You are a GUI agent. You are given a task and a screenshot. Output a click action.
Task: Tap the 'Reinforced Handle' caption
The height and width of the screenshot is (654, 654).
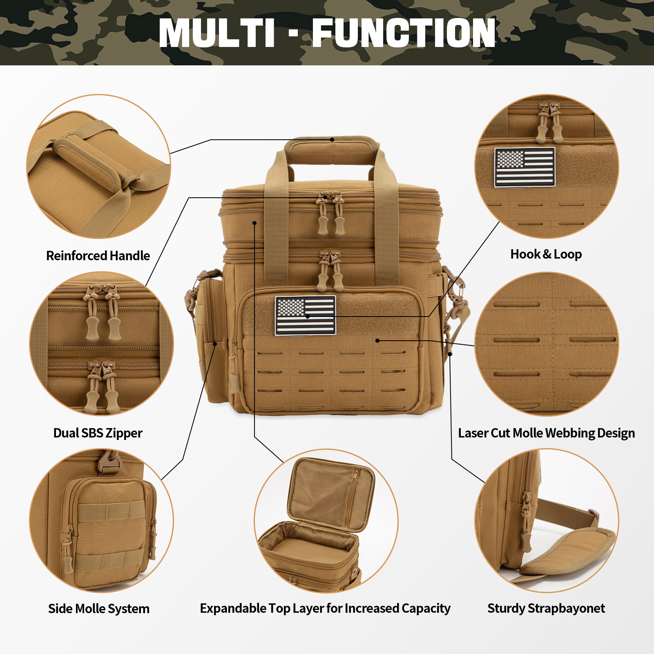click(x=98, y=256)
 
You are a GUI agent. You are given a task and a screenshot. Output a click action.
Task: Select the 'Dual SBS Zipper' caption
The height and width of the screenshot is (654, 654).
click(x=98, y=433)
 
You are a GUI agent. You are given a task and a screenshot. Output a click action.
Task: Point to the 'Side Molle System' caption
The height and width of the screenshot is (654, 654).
click(x=99, y=609)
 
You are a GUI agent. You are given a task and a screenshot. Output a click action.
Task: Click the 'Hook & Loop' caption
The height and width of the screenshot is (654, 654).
click(x=546, y=254)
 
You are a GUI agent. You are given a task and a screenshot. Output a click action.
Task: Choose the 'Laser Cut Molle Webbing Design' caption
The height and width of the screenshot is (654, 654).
click(x=546, y=433)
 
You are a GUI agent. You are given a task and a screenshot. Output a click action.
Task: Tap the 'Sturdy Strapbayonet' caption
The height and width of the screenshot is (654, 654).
click(x=546, y=608)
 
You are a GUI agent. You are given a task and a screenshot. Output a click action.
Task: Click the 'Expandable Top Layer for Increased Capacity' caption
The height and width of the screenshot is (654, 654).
click(x=325, y=608)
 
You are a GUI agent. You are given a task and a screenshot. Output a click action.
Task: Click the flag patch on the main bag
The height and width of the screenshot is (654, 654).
click(x=306, y=315)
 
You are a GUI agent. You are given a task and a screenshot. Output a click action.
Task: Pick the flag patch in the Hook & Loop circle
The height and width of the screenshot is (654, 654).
click(x=525, y=167)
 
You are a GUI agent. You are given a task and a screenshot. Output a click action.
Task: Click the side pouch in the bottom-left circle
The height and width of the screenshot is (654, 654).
click(x=108, y=531)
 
